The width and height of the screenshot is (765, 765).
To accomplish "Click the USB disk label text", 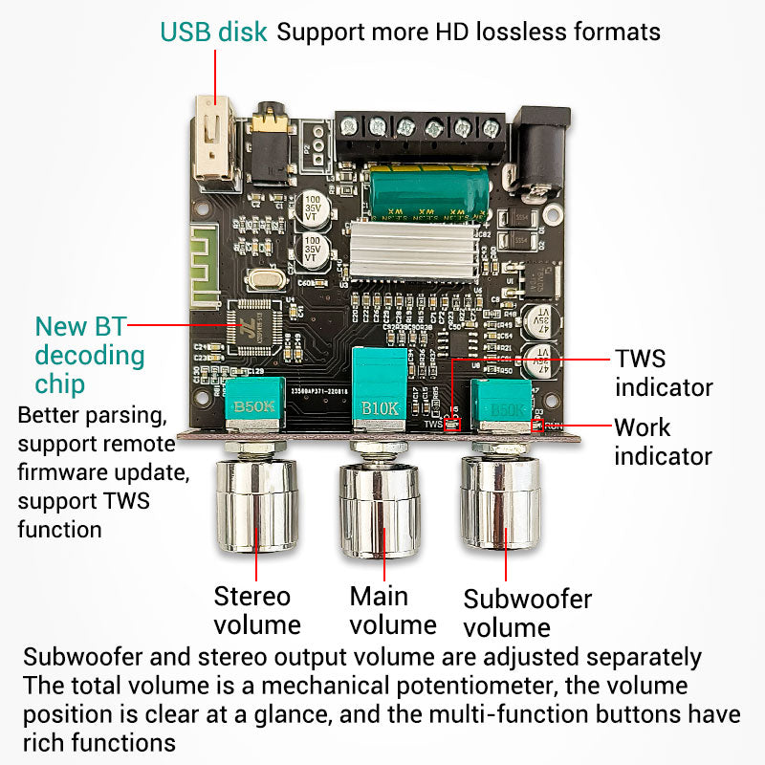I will [214, 32].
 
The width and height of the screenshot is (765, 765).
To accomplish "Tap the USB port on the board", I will [214, 138].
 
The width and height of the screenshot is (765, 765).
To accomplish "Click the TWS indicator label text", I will [663, 373].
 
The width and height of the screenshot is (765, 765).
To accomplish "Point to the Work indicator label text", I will [663, 441].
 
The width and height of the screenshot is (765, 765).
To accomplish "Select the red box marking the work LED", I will [537, 425].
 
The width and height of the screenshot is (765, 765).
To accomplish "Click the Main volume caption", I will [392, 610].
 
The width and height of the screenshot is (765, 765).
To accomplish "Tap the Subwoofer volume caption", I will [527, 613].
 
